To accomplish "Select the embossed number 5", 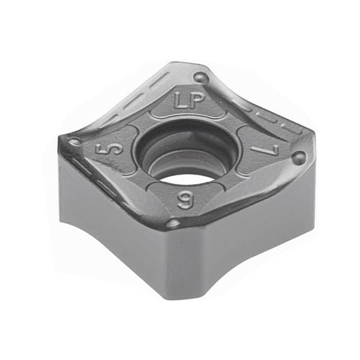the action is coord(109,149).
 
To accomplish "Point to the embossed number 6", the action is coord(185,200).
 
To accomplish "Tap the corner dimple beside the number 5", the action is coord(74,140).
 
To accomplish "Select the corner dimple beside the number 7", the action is coord(299,158).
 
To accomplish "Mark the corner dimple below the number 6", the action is coord(173,222).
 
